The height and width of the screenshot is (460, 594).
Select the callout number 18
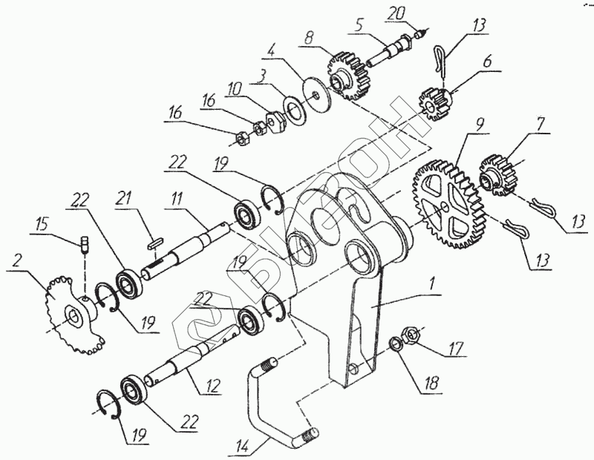point(430,384)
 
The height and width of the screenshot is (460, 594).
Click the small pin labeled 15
point(85,243)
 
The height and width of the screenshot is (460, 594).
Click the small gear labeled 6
point(437,101)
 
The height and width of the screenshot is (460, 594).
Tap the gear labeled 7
point(496,173)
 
